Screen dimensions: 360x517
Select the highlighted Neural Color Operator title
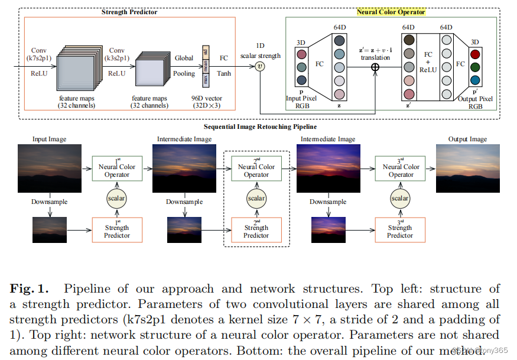tap(391, 12)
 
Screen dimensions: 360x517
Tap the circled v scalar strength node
tap(260, 66)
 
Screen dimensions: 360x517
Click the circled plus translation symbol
tap(375, 67)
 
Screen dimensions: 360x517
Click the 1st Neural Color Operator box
tap(117, 167)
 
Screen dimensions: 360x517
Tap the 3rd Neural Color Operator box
tap(401, 167)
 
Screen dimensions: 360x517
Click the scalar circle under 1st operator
tap(117, 199)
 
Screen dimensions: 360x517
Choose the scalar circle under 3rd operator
tap(401, 199)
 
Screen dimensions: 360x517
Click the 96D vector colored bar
tap(206, 66)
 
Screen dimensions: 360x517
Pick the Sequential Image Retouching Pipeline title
tap(259, 127)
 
